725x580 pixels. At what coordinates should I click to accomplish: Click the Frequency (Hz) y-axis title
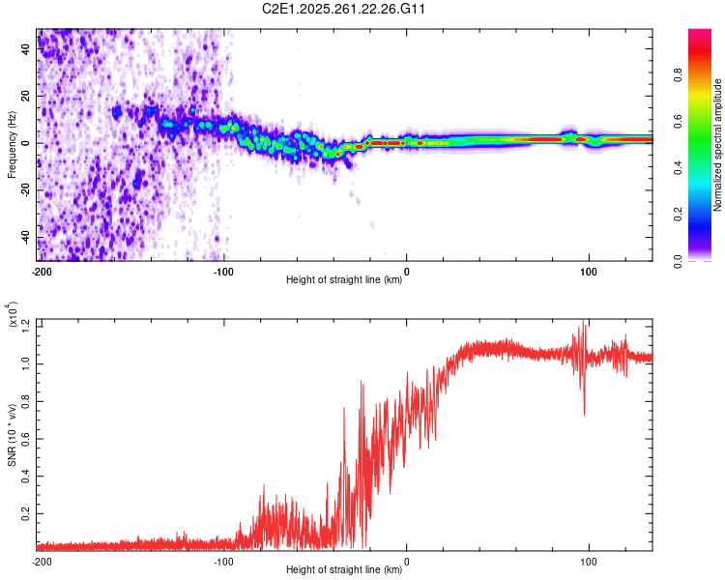coord(12,145)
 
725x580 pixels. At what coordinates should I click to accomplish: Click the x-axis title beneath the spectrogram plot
coord(345,281)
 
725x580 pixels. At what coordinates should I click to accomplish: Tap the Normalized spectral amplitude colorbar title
coord(717,145)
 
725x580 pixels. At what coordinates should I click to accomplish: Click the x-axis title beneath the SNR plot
coord(345,570)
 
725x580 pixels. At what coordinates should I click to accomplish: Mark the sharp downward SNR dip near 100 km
coord(584,414)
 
